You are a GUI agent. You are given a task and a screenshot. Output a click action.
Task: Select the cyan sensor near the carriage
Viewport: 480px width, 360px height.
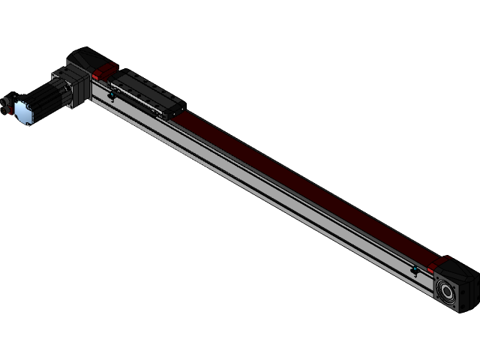coord(111,94)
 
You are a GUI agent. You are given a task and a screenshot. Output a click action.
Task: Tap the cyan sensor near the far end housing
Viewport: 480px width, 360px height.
coord(415,269)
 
